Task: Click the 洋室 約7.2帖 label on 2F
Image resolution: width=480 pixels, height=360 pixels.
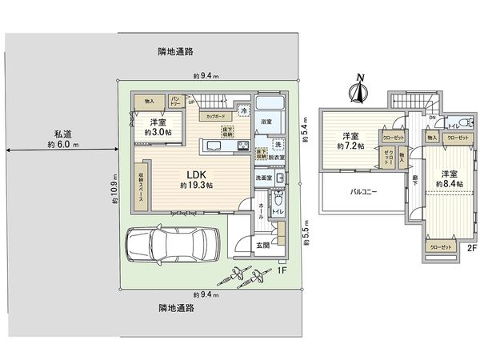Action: [350, 140]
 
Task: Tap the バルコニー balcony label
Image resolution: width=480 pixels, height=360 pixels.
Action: [363, 192]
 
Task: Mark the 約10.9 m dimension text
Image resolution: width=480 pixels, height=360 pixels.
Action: [115, 189]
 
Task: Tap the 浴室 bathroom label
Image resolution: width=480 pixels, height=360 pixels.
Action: [266, 121]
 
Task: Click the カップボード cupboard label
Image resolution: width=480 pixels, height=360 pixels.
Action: [214, 117]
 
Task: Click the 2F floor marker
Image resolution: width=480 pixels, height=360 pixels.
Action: [472, 248]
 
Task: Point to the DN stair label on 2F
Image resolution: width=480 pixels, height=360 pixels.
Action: [431, 119]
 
